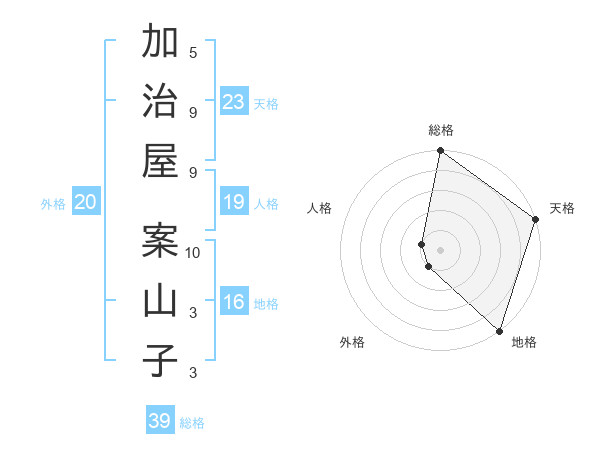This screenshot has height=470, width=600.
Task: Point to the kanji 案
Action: (160, 241)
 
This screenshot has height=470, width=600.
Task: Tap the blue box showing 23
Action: (234, 101)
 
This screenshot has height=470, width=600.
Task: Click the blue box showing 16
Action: (234, 302)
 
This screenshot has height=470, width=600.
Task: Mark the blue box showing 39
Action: (160, 421)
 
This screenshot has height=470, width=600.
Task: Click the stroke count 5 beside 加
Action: (193, 52)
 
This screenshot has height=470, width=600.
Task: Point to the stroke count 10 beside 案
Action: (193, 252)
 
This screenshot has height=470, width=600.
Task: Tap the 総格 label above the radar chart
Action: (441, 130)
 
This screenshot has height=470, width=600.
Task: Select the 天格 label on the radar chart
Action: (562, 208)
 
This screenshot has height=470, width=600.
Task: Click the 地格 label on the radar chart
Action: (524, 342)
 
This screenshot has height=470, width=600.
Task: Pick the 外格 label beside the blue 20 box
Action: (53, 204)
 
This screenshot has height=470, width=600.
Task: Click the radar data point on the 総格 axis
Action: (440, 152)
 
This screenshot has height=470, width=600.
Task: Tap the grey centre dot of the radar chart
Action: (440, 250)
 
